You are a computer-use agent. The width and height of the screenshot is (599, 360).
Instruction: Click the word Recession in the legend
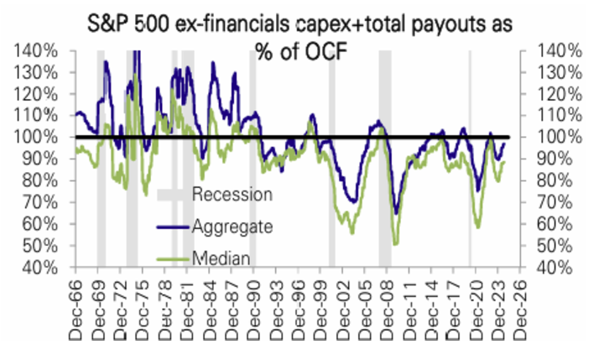tap(232, 195)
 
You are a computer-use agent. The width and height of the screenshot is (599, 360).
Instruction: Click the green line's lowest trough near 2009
tap(395, 243)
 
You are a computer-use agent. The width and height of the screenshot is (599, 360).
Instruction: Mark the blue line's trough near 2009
tap(396, 214)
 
